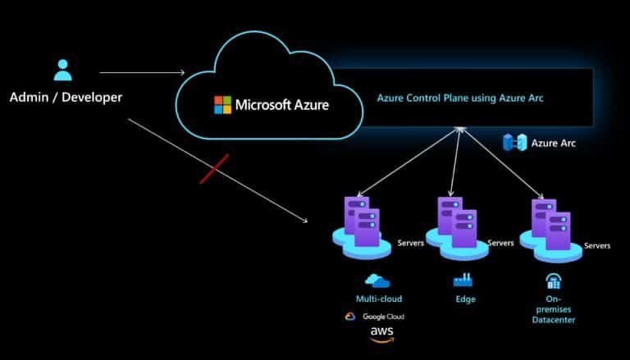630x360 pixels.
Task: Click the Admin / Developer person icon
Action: click(63, 70)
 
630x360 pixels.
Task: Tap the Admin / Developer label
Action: click(66, 98)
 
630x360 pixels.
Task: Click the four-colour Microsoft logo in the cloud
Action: click(222, 104)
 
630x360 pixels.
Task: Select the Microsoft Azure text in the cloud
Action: click(282, 104)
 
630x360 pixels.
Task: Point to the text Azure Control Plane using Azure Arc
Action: click(460, 98)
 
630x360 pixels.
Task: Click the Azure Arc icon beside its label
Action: click(514, 143)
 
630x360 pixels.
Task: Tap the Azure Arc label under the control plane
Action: click(554, 143)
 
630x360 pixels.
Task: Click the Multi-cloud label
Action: click(379, 299)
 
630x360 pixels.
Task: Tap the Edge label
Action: click(464, 299)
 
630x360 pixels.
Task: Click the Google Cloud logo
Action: click(375, 317)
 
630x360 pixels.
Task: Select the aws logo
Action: click(381, 333)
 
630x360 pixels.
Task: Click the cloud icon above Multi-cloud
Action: click(377, 280)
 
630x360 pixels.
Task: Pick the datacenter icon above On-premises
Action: click(555, 281)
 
